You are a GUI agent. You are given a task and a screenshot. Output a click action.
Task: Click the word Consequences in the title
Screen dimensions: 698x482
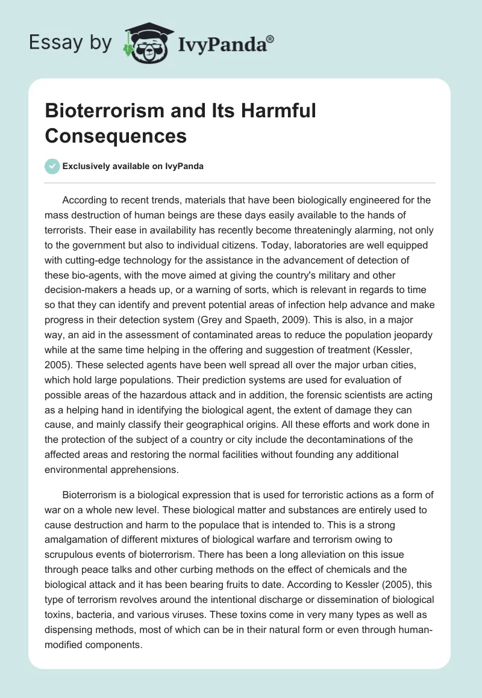(116, 136)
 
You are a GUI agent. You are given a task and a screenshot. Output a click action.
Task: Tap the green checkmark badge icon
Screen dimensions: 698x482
(52, 166)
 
